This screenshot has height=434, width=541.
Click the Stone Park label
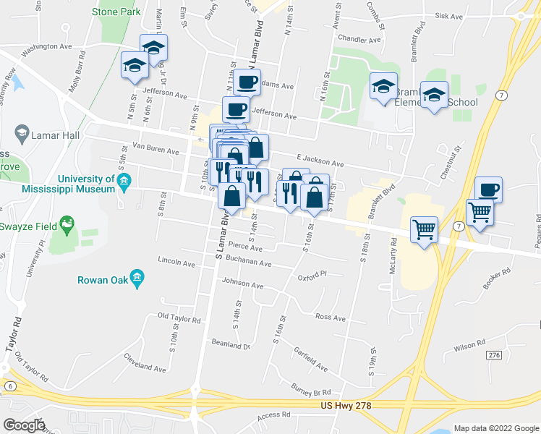[116, 12]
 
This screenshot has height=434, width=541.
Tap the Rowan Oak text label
[103, 280]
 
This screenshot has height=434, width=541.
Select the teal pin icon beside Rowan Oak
[138, 280]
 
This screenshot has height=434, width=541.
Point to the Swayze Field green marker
[67, 225]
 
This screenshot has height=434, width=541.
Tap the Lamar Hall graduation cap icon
[21, 134]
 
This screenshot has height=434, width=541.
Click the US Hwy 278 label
[346, 407]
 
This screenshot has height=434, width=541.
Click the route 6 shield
[10, 387]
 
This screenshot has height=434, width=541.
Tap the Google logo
[23, 425]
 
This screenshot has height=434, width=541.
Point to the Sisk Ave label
[448, 15]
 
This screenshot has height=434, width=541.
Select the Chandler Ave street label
[359, 40]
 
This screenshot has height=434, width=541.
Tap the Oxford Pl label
[312, 276]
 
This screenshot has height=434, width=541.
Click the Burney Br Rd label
[312, 391]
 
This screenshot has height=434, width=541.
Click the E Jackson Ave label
[320, 161]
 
